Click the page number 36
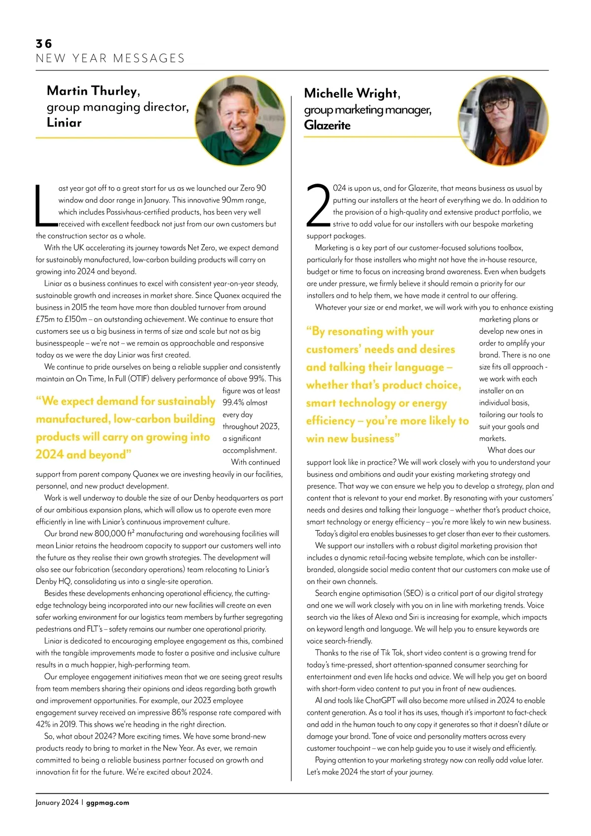tap(44, 44)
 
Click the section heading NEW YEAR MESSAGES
tap(110, 59)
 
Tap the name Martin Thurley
tap(93, 91)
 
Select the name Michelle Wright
tap(352, 94)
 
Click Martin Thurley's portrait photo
tap(240, 121)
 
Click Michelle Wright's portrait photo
tap(503, 121)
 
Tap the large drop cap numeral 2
tap(318, 206)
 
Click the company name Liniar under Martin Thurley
tap(64, 123)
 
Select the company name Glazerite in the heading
tap(327, 126)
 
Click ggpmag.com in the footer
tap(107, 803)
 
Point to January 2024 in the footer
tap(57, 803)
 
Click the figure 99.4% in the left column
tap(233, 403)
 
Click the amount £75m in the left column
tap(45, 320)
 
